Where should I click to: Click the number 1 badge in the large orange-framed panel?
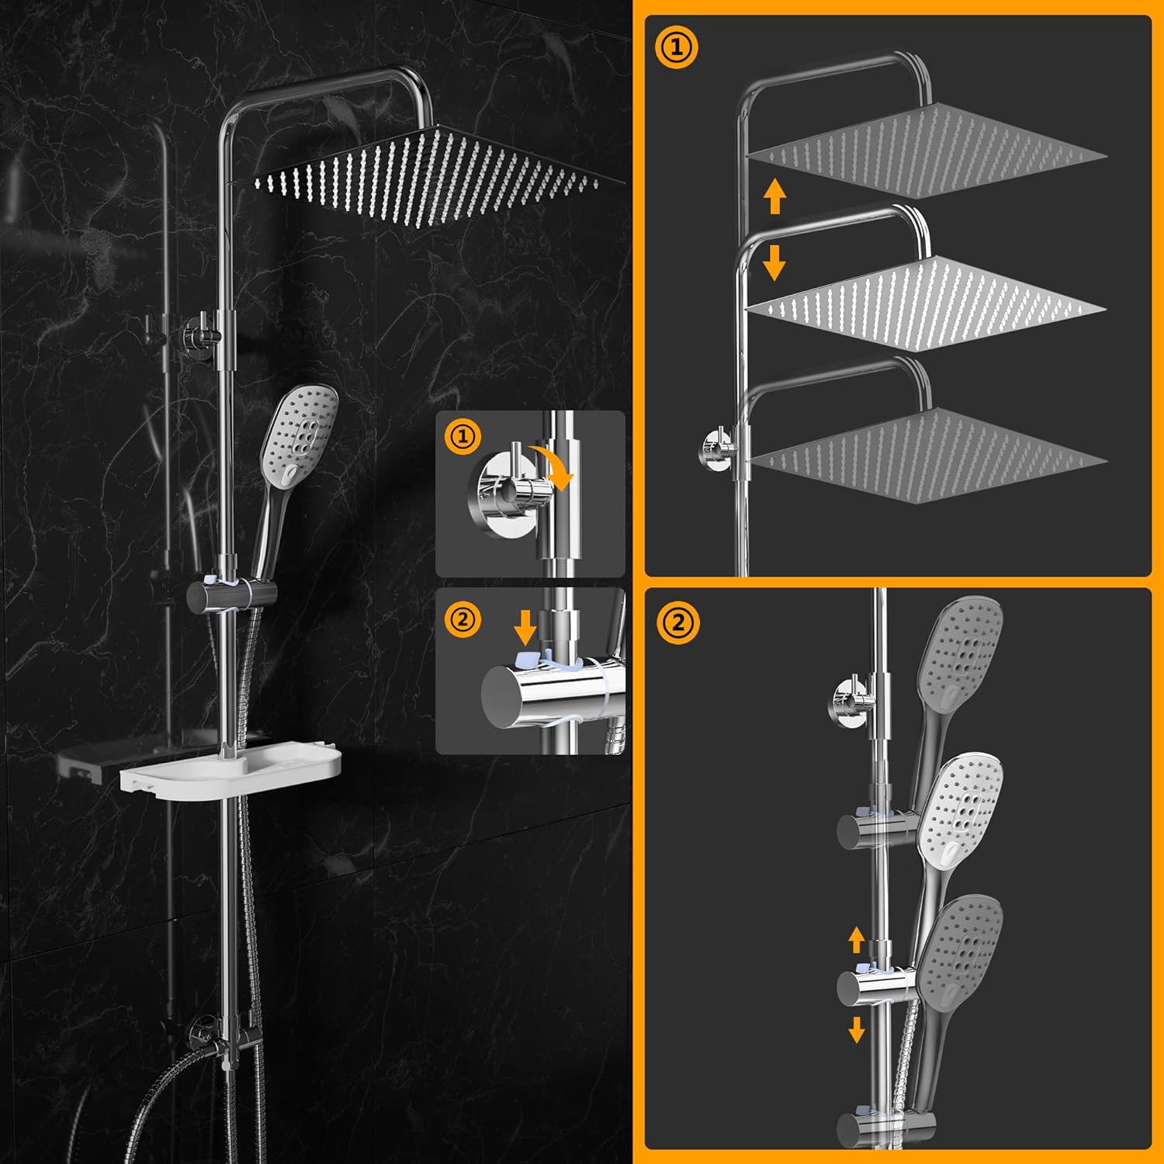pyautogui.click(x=676, y=48)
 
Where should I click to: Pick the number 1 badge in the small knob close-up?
pyautogui.click(x=463, y=437)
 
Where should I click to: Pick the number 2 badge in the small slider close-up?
pyautogui.click(x=462, y=620)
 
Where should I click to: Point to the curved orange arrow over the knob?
pyautogui.click(x=555, y=466)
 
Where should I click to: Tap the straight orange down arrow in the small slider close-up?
pyautogui.click(x=525, y=626)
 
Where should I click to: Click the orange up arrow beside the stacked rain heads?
pyautogui.click(x=774, y=196)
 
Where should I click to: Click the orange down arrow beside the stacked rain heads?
pyautogui.click(x=774, y=262)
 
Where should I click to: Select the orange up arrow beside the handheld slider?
pyautogui.click(x=857, y=940)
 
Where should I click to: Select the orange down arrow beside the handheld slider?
pyautogui.click(x=857, y=1029)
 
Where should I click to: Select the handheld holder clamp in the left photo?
pyautogui.click(x=230, y=594)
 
